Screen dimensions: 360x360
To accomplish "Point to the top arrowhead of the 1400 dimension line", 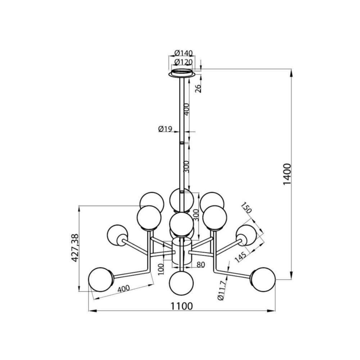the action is pos(291,73).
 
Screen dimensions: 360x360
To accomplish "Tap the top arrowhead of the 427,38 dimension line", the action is pos(79,209).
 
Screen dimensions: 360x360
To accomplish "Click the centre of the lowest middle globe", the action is pos(181,283).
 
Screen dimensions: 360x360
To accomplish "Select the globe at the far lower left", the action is pos(100,279).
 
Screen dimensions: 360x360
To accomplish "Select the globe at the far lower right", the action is pos(264,279).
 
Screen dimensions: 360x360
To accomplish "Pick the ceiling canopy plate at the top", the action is pos(182,73).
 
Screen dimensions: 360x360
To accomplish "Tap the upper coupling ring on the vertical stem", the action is pos(182,143).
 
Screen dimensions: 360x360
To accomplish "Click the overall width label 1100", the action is pos(181,306).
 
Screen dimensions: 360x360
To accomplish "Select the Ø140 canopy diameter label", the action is pos(184,53).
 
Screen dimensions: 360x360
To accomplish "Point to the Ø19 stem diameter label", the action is pos(165,129).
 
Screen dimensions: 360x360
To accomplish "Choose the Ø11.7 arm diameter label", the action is pos(222,290).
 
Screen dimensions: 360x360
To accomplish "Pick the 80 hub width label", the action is pos(201,265).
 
